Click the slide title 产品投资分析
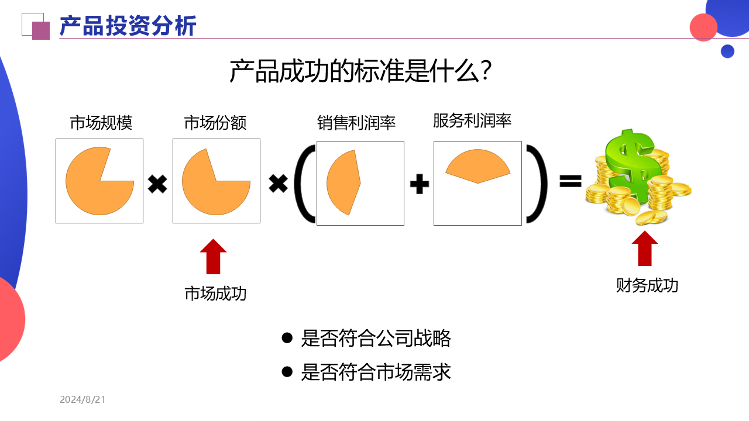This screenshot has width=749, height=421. tap(128, 26)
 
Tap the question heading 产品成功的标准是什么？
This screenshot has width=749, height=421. tap(360, 71)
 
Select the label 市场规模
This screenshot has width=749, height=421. tap(101, 123)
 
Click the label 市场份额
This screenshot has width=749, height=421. tap(215, 123)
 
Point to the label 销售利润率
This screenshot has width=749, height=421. tap(356, 123)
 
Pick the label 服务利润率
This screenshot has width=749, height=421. tap(472, 120)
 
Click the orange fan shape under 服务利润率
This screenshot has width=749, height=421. tap(477, 166)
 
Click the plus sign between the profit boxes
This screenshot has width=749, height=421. tap(419, 185)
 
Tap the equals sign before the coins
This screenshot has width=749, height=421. tap(570, 181)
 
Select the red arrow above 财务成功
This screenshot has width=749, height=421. tap(644, 249)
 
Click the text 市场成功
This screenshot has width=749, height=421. tap(215, 294)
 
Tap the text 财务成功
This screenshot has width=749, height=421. tap(647, 285)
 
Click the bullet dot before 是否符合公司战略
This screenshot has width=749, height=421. tap(287, 338)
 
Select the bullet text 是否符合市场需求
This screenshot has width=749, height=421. tap(376, 372)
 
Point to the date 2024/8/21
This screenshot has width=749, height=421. tap(83, 400)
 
